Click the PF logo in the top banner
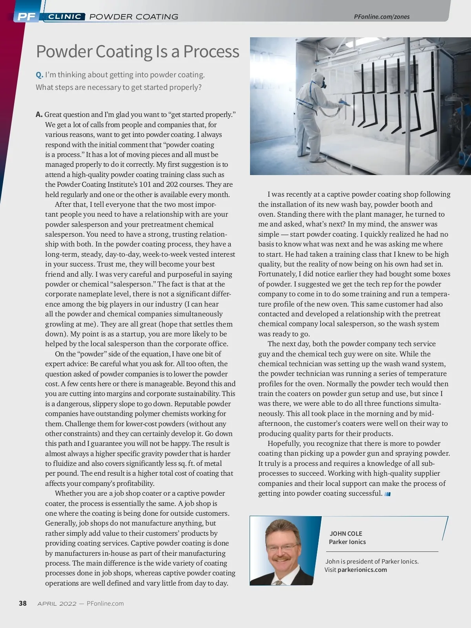click(x=26, y=16)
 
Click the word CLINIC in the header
click(x=65, y=16)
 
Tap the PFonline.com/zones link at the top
click(x=382, y=16)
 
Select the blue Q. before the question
click(x=39, y=75)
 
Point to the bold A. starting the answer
click(x=39, y=115)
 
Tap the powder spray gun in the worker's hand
click(x=345, y=101)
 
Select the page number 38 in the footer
click(x=23, y=603)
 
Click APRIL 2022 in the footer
click(x=57, y=604)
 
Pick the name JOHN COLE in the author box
click(x=346, y=533)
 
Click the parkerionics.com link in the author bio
click(x=362, y=570)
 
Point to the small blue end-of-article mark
click(x=388, y=494)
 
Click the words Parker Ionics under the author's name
click(x=347, y=542)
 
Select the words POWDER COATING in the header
click(x=134, y=16)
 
